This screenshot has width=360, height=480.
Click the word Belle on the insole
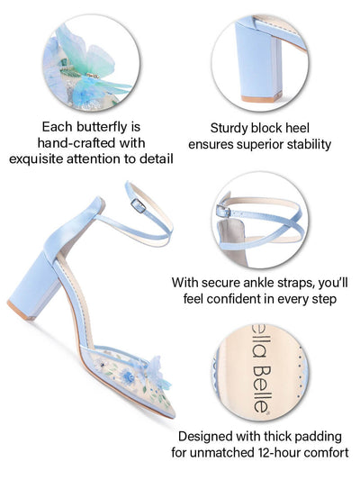262,389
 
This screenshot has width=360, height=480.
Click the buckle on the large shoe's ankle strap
138,205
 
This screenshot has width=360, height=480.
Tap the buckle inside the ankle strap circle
223,211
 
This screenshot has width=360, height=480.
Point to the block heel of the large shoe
36,285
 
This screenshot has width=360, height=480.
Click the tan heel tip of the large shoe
21,311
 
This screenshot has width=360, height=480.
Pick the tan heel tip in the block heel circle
261,97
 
